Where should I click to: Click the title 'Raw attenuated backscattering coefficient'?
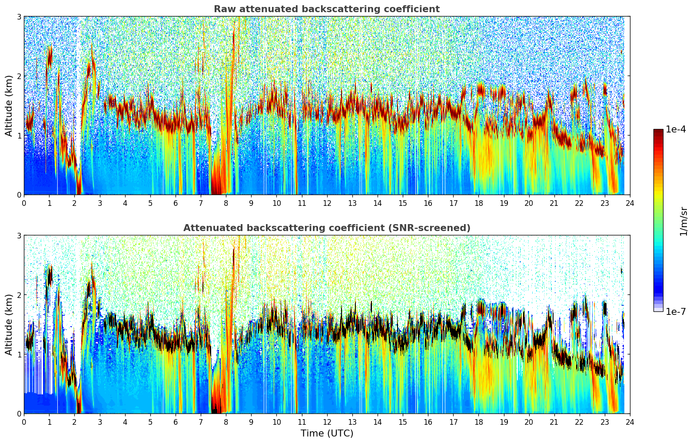(326, 9)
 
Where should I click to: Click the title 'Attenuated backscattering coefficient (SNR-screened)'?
(326, 228)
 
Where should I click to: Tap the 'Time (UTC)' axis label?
(327, 433)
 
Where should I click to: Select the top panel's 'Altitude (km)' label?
(9, 106)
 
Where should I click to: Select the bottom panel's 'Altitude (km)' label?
(9, 324)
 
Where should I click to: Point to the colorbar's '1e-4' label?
(676, 129)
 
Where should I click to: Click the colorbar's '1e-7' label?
(676, 311)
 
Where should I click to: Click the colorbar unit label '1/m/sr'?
(683, 221)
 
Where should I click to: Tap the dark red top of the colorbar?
(658, 132)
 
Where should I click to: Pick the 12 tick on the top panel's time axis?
(327, 203)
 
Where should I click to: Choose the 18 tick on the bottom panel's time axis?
(478, 422)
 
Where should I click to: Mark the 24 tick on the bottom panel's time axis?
(630, 422)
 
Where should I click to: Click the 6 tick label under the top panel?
(176, 203)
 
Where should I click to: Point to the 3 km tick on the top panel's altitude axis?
(19, 17)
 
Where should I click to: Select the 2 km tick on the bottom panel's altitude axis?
(19, 295)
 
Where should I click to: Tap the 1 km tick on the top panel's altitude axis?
(19, 136)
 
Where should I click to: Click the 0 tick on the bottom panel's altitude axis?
(19, 413)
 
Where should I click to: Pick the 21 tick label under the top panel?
(554, 203)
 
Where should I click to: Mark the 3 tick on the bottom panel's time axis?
(99, 422)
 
